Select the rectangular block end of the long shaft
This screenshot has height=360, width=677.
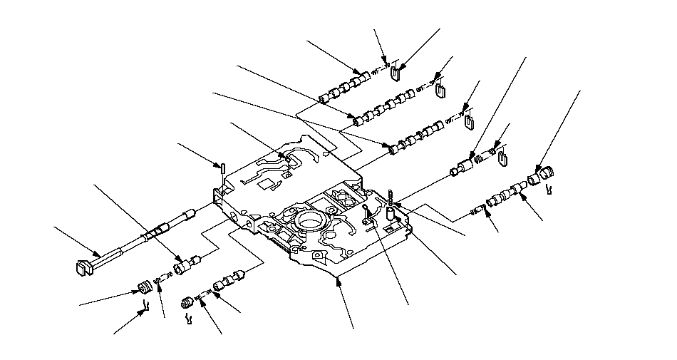coord(84,267)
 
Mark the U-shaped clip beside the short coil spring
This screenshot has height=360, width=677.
coord(502,158)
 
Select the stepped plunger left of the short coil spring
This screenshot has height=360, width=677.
coord(465,165)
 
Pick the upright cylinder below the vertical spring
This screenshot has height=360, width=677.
coord(391,213)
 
